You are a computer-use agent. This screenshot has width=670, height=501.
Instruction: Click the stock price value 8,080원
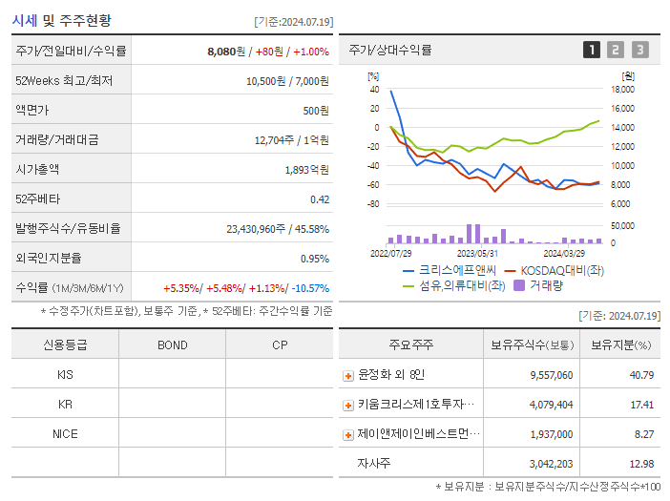226,52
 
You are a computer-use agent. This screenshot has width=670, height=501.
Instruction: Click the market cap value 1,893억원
306,170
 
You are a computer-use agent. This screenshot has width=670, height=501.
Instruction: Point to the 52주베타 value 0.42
319,199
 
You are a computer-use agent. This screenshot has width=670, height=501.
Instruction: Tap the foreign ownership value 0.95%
314,259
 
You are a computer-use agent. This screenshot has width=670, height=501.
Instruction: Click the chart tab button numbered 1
592,51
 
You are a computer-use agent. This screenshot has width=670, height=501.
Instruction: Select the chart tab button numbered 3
639,51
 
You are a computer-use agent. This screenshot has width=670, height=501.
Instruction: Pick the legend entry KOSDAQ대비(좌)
556,270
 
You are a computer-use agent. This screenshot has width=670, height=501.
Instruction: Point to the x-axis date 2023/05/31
478,254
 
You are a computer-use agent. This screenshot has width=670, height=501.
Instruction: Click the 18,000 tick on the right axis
622,90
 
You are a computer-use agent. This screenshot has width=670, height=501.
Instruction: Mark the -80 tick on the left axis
373,204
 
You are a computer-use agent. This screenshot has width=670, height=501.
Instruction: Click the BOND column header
172,345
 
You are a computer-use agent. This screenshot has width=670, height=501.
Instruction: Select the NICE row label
65,434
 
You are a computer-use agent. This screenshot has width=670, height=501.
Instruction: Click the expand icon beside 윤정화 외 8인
348,376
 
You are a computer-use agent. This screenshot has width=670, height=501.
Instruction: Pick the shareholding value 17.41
641,406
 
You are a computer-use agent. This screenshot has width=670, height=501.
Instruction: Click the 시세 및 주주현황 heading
61,20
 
